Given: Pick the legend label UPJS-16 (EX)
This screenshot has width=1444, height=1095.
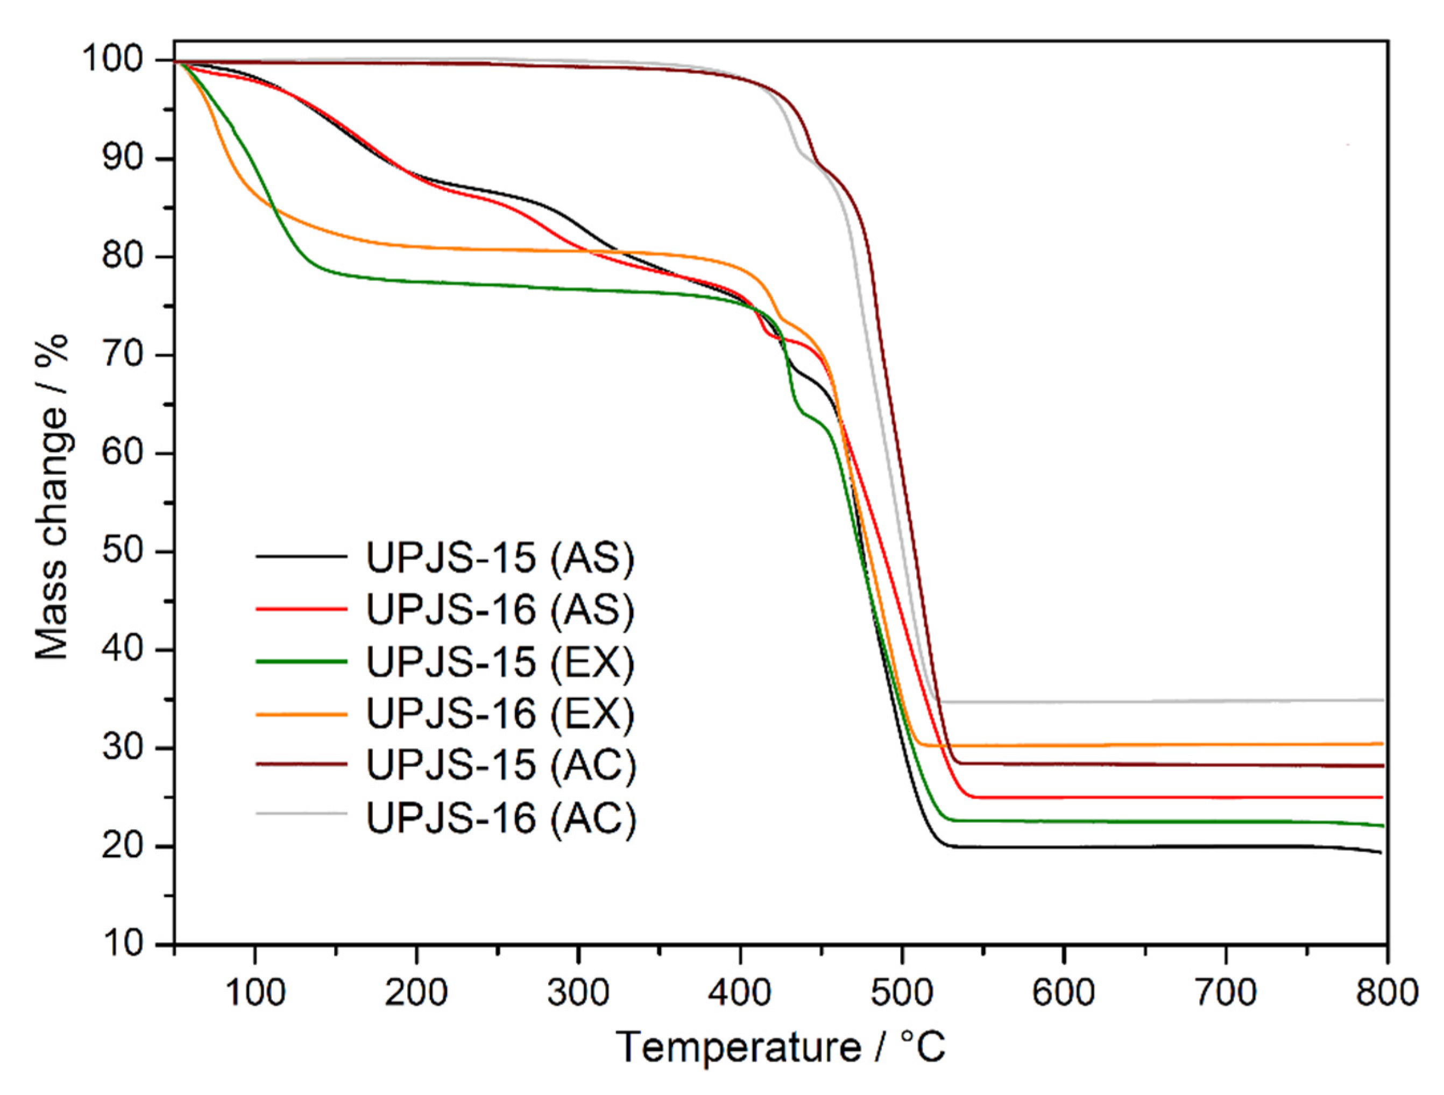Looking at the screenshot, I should (x=500, y=713).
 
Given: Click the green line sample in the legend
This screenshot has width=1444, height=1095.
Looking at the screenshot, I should (x=301, y=661).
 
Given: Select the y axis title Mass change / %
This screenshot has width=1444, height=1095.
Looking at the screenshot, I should (x=52, y=496).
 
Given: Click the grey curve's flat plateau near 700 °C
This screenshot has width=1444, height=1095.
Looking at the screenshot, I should (x=1226, y=701).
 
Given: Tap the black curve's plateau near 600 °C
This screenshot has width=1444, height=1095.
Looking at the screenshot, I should (x=1064, y=847).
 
